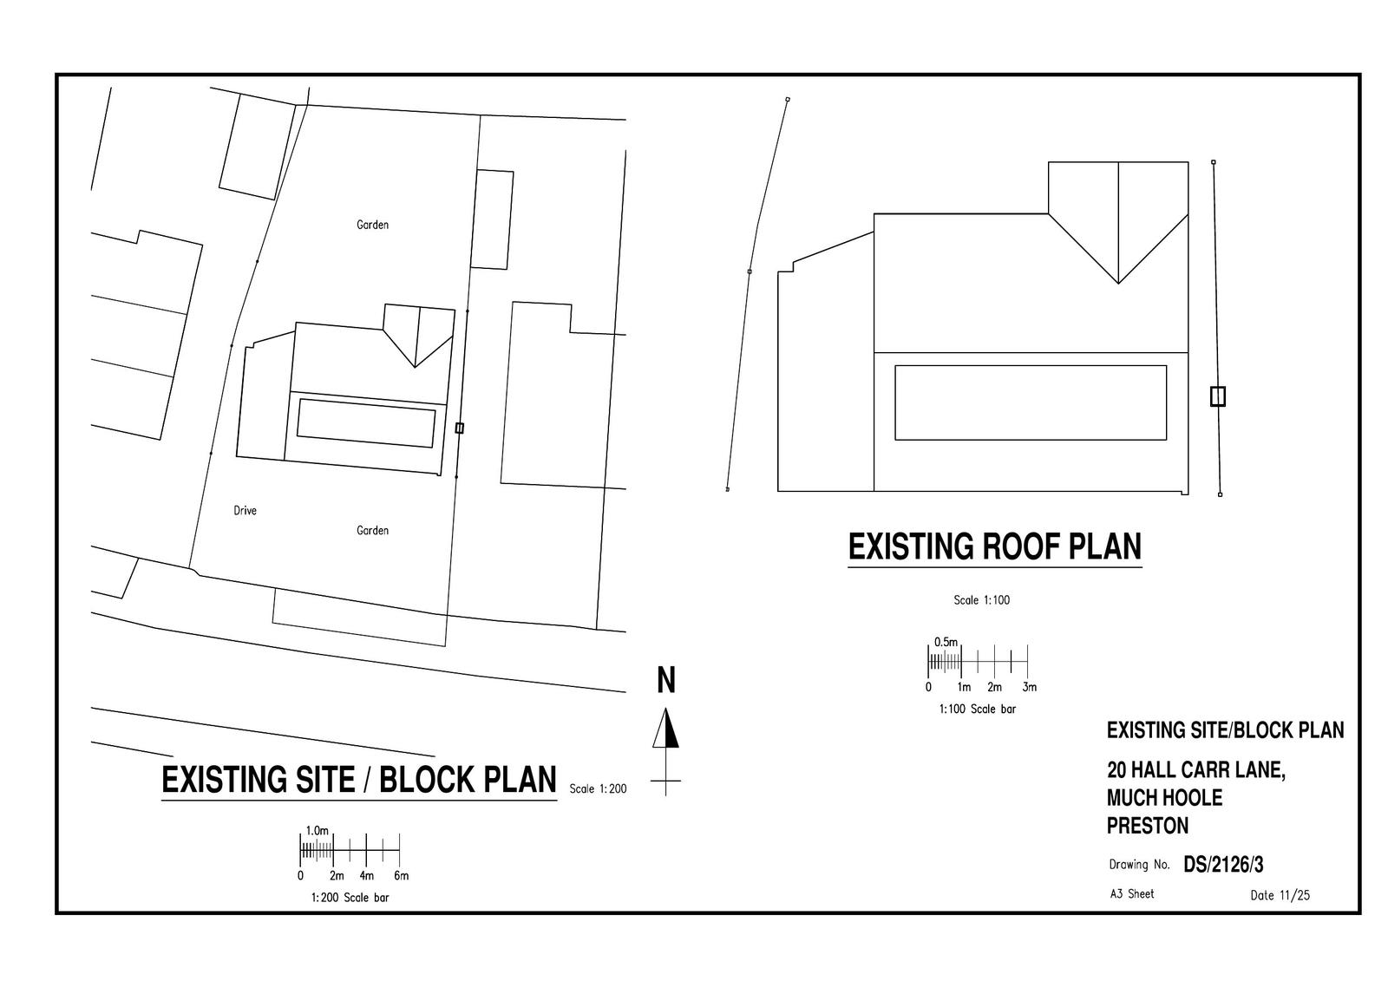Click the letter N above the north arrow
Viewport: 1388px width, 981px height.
click(x=665, y=681)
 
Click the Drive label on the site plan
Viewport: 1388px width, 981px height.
click(x=245, y=511)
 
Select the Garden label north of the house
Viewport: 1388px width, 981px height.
click(x=372, y=225)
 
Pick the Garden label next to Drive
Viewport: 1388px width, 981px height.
click(x=372, y=530)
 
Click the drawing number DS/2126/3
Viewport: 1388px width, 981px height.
click(x=1223, y=865)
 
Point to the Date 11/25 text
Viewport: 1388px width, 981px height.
click(x=1280, y=896)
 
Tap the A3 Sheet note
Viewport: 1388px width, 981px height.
click(x=1131, y=893)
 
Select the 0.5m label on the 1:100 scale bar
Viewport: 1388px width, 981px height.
click(x=946, y=642)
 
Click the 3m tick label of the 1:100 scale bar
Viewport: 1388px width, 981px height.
click(x=1029, y=687)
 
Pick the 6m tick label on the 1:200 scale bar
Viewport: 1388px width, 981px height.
click(x=400, y=875)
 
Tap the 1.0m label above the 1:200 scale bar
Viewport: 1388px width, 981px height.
click(x=318, y=830)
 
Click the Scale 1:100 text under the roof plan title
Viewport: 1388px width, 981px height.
click(x=981, y=600)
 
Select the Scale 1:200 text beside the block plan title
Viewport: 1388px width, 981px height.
click(x=598, y=788)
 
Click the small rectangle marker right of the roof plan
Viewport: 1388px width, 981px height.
click(x=1217, y=396)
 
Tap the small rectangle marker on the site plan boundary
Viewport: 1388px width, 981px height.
click(x=459, y=428)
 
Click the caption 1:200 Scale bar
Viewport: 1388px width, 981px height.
click(x=350, y=898)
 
